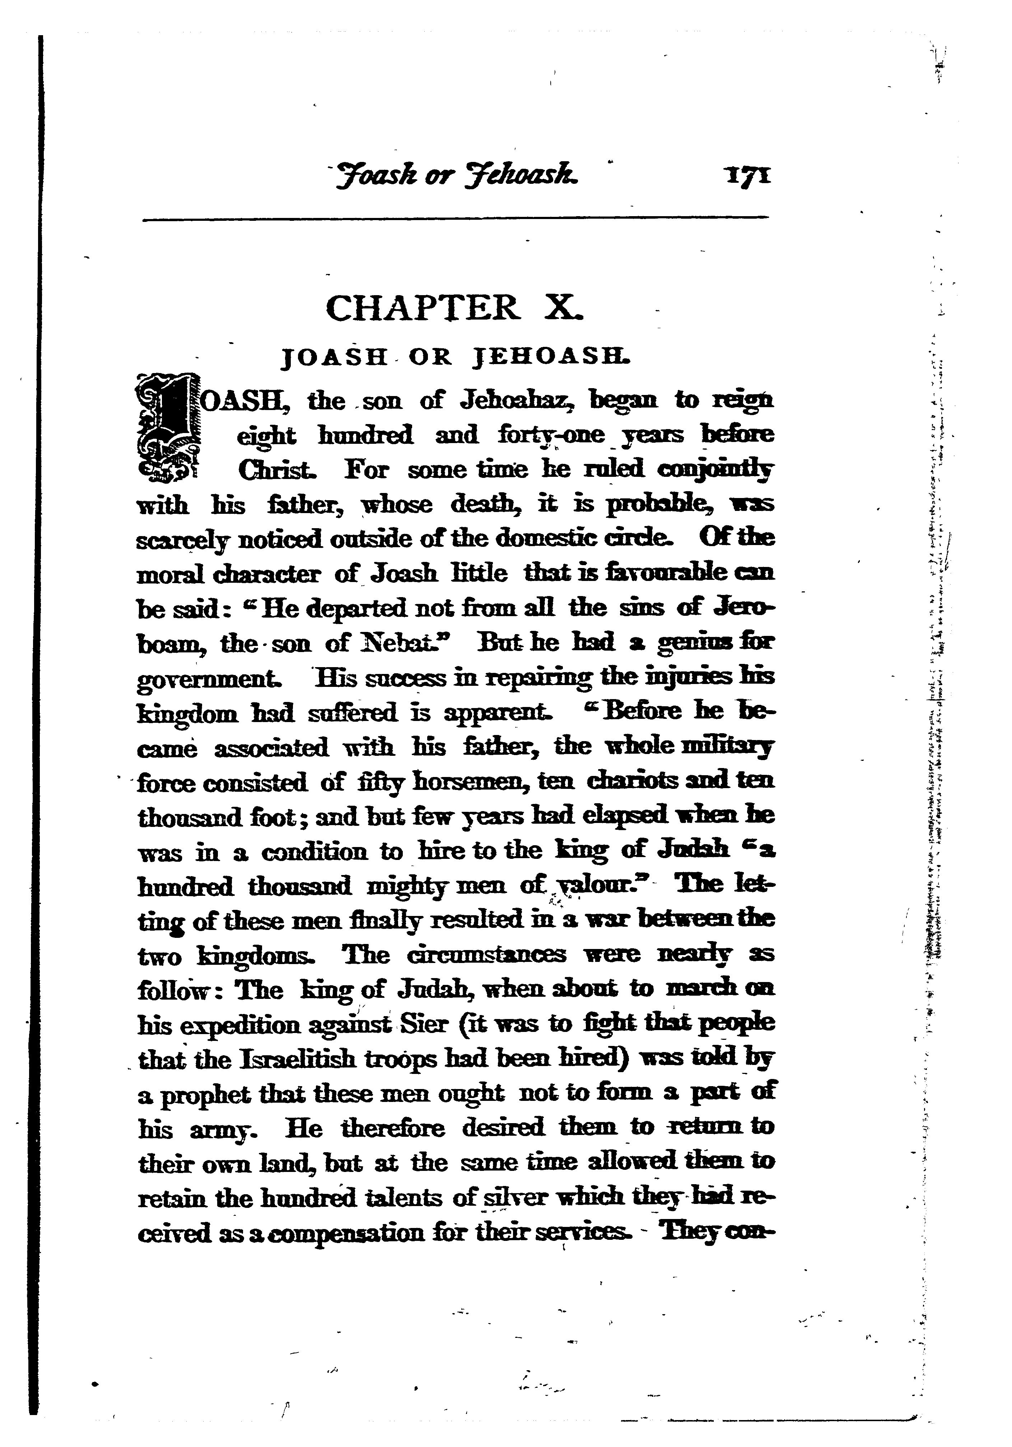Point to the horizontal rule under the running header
tap(456, 219)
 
